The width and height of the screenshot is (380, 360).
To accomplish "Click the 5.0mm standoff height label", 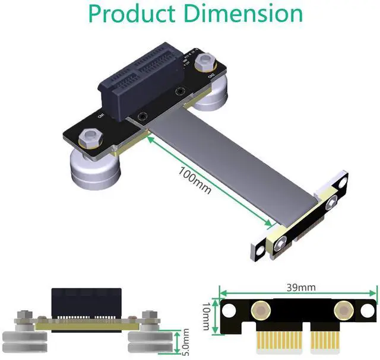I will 185,344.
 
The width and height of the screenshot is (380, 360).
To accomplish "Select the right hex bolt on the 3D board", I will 208,60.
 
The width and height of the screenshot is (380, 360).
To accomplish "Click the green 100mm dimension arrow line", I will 208,181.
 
